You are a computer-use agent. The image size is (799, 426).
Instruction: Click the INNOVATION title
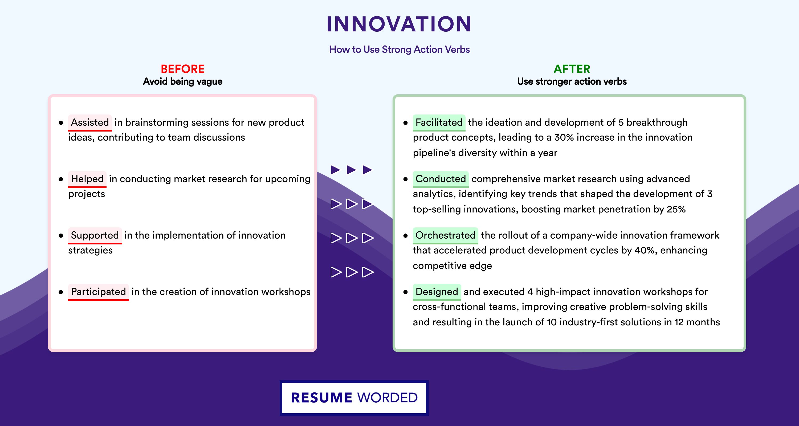tap(399, 24)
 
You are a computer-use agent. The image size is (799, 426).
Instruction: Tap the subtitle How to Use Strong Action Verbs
tap(399, 49)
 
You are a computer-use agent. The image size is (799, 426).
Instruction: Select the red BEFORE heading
tap(183, 69)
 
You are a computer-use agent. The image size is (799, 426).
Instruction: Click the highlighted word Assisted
tap(90, 122)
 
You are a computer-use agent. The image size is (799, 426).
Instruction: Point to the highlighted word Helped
tap(87, 179)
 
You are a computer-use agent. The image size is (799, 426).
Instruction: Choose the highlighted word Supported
tap(95, 235)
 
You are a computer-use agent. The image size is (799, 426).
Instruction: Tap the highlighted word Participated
tap(98, 292)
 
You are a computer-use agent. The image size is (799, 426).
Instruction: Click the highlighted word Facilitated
tap(439, 122)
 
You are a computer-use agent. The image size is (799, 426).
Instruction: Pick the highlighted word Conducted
tap(441, 179)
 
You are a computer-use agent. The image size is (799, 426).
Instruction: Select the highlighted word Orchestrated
tap(445, 235)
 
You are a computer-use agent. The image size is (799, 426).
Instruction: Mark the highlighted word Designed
tap(437, 292)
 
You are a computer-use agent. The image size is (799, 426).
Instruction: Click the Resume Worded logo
tap(354, 398)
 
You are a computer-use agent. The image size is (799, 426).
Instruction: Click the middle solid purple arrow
tap(351, 170)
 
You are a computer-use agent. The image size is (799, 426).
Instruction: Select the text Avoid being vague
tap(183, 81)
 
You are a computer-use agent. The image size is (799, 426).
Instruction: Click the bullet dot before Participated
tap(61, 292)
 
